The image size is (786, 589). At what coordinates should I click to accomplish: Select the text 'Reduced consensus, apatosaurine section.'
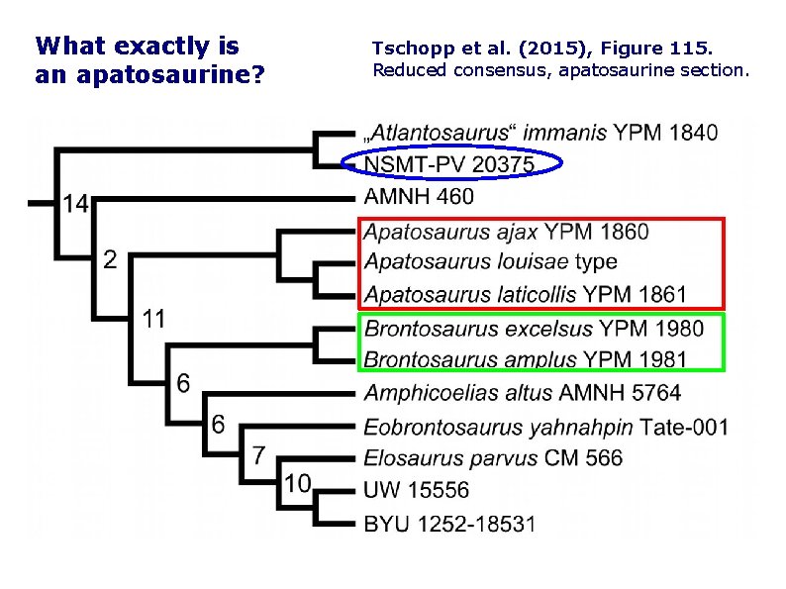pyautogui.click(x=561, y=70)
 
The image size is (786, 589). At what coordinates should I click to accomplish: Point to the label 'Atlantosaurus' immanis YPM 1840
pyautogui.click(x=540, y=133)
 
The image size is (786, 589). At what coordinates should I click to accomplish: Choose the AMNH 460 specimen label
pyautogui.click(x=419, y=196)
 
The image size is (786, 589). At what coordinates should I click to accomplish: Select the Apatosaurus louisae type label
pyautogui.click(x=490, y=261)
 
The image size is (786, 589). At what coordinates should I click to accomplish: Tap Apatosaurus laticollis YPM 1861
pyautogui.click(x=525, y=294)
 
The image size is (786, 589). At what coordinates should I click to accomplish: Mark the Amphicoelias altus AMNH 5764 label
pyautogui.click(x=523, y=393)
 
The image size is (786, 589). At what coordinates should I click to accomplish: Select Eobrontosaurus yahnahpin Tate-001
pyautogui.click(x=545, y=427)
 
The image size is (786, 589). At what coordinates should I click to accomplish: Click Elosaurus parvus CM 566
pyautogui.click(x=493, y=457)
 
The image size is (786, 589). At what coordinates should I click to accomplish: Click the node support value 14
pyautogui.click(x=75, y=203)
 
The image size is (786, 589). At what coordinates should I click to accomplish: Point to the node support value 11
pyautogui.click(x=152, y=319)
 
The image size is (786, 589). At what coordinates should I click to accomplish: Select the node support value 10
pyautogui.click(x=298, y=483)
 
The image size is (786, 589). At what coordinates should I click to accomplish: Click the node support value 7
pyautogui.click(x=257, y=454)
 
